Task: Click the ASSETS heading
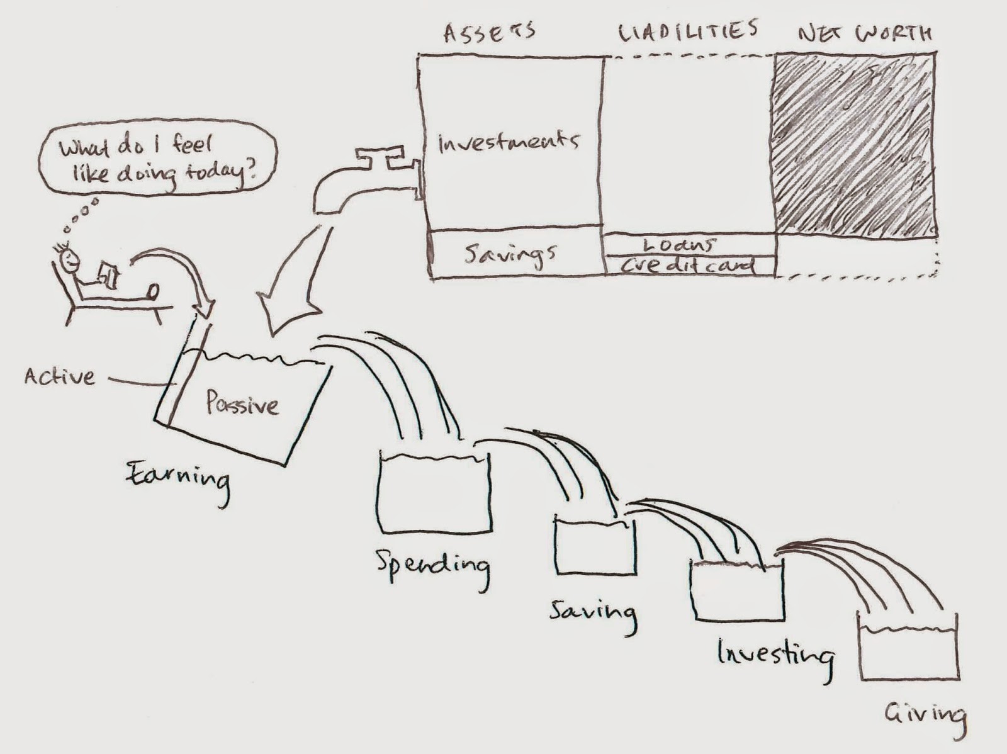pyautogui.click(x=490, y=33)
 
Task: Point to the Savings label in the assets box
pyautogui.click(x=510, y=255)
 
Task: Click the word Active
pyautogui.click(x=59, y=376)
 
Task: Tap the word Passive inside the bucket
pyautogui.click(x=242, y=403)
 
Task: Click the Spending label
pyautogui.click(x=432, y=567)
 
